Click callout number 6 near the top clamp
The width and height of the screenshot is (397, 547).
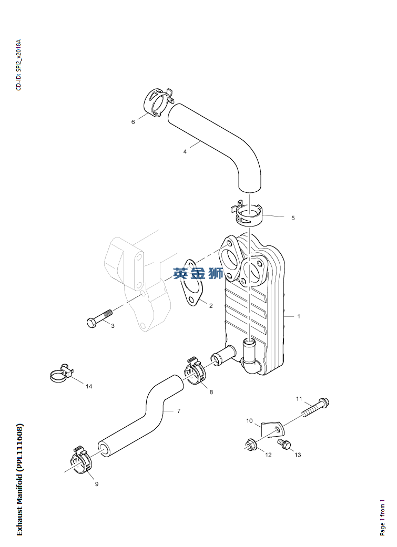point(133,122)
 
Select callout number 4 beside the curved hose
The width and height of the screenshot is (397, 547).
point(185,152)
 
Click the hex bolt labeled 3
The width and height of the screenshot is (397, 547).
point(99,318)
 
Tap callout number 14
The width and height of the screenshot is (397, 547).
point(89,386)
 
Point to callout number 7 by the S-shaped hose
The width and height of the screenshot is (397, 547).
point(179,411)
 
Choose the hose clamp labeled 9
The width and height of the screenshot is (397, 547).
point(83,460)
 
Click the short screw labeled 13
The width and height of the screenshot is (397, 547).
point(284,443)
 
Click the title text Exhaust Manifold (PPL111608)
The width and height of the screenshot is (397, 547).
point(20,480)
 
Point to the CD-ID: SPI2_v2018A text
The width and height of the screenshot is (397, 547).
point(18,65)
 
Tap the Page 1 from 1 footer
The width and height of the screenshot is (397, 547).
point(382,518)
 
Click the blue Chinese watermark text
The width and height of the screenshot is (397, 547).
point(198,273)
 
